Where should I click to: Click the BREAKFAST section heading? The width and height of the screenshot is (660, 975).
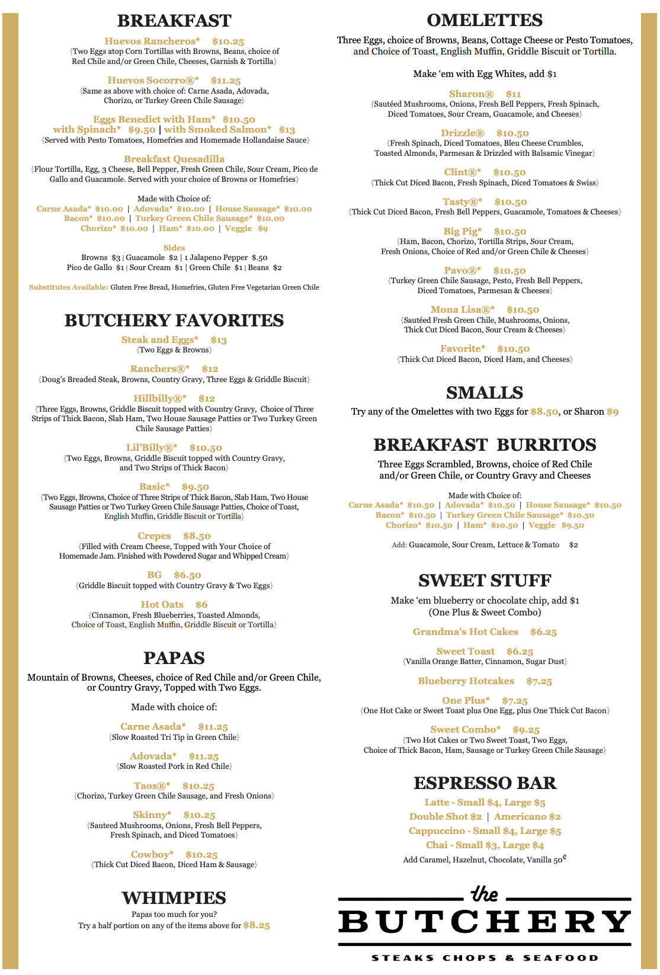pos(174,21)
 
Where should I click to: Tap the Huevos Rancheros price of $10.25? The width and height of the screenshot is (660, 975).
pos(228,41)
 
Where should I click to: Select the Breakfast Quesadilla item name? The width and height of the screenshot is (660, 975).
pos(174,159)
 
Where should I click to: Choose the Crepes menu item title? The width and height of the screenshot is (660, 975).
pos(154,536)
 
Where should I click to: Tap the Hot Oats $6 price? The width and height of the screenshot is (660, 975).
pos(201,605)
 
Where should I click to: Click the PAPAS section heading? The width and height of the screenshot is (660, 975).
pos(174,658)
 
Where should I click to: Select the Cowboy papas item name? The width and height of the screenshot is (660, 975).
pos(152,855)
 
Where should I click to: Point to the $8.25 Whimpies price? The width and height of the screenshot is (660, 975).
pos(257,925)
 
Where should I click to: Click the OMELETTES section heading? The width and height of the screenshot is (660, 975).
pos(485,20)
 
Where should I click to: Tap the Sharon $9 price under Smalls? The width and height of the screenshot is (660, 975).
pos(613,412)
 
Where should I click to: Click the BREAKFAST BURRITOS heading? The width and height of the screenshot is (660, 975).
pos(485,445)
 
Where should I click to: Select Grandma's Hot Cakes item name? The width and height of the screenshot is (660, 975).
pos(466,632)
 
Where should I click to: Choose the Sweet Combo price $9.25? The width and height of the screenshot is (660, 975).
pos(526,730)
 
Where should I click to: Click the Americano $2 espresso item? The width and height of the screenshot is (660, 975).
pos(527,817)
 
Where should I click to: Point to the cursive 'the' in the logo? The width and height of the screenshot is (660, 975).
pos(484,894)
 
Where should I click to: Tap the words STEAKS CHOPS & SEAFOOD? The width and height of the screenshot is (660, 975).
pos(485,958)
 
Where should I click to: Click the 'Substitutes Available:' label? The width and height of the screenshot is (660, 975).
pos(69,288)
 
